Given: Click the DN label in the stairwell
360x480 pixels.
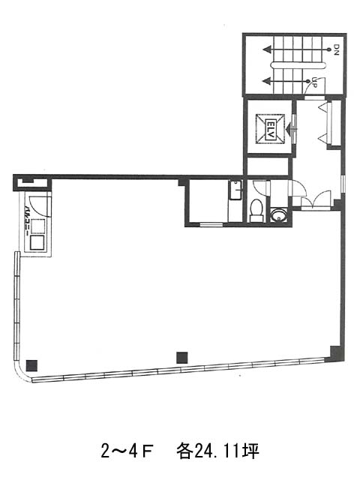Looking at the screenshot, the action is click(337, 49).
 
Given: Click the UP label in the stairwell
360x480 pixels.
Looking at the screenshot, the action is click(313, 82).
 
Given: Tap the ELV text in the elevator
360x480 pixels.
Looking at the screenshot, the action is click(271, 128).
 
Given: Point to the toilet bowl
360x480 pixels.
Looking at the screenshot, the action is click(256, 210).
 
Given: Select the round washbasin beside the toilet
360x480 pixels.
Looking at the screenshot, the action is click(278, 214).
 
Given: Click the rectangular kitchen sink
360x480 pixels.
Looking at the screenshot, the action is click(235, 190).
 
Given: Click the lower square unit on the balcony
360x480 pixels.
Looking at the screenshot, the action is click(37, 242).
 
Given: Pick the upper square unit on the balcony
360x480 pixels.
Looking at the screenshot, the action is click(38, 226).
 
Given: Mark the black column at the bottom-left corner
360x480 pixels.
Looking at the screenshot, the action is click(31, 365).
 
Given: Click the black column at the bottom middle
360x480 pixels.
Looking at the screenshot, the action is click(182, 358).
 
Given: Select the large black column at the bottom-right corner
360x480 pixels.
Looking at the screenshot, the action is click(335, 354).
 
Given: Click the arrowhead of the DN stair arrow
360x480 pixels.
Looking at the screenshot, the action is click(267, 49).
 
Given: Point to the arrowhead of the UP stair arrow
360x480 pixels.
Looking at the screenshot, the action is click(267, 81).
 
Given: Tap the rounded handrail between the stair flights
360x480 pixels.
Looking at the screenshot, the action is click(298, 65).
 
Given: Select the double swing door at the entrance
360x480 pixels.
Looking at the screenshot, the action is click(316, 199).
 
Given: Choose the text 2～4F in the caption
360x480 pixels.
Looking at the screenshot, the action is click(127, 451).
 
